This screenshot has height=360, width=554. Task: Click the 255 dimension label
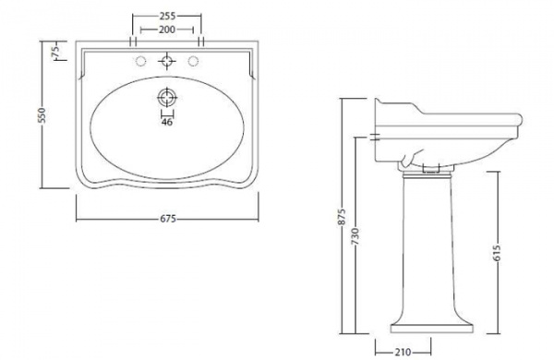(167, 16)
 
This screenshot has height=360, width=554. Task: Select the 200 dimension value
(167, 30)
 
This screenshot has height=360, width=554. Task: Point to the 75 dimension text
(55, 51)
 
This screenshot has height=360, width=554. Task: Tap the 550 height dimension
(42, 115)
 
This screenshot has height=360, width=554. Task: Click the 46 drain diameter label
(167, 122)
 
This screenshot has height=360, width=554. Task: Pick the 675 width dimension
(168, 219)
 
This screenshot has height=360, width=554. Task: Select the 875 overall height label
(342, 217)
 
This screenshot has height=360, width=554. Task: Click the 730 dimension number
(355, 236)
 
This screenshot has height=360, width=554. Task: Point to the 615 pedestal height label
(497, 253)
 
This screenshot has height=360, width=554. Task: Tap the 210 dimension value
(403, 353)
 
